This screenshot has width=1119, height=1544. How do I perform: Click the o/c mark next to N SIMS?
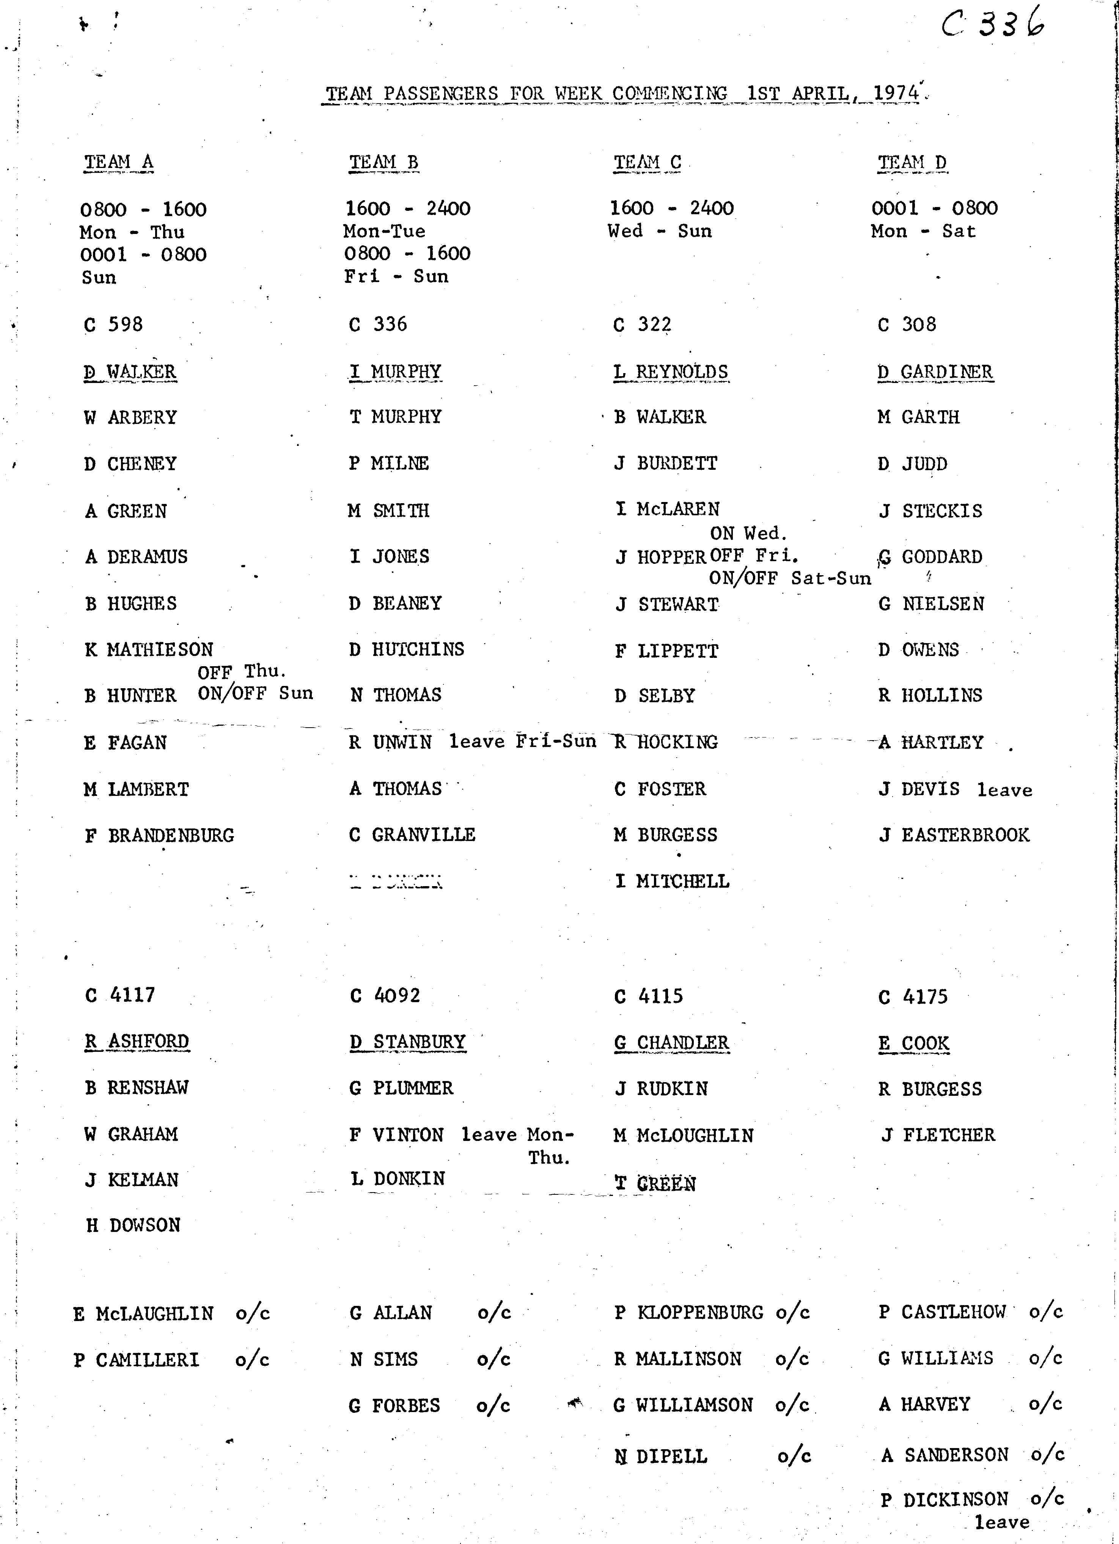[494, 1359]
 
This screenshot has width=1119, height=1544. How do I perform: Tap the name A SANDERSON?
[945, 1455]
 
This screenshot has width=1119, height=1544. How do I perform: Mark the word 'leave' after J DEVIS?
[1004, 790]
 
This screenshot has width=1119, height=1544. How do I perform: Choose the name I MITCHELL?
[672, 882]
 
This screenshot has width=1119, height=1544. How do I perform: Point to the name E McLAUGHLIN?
[144, 1313]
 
